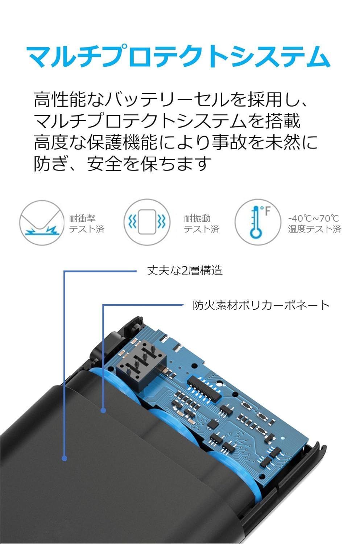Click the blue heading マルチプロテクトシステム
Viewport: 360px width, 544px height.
tap(178, 57)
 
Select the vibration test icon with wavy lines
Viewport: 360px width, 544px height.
tap(147, 222)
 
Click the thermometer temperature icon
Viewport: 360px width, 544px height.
tap(257, 222)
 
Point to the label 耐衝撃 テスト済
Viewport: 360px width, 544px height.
tap(87, 223)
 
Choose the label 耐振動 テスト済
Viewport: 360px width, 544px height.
tap(202, 223)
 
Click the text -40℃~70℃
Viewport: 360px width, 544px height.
tap(314, 218)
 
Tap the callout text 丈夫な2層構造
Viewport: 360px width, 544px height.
tap(185, 271)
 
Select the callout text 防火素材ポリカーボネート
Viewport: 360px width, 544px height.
tap(261, 305)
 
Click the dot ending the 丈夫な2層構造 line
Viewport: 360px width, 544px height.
tap(65, 458)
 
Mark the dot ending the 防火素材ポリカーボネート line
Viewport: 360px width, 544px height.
tap(103, 411)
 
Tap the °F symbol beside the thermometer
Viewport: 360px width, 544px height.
tap(266, 211)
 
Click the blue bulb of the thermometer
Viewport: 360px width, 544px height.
tap(256, 232)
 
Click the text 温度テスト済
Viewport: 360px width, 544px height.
tap(315, 229)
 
